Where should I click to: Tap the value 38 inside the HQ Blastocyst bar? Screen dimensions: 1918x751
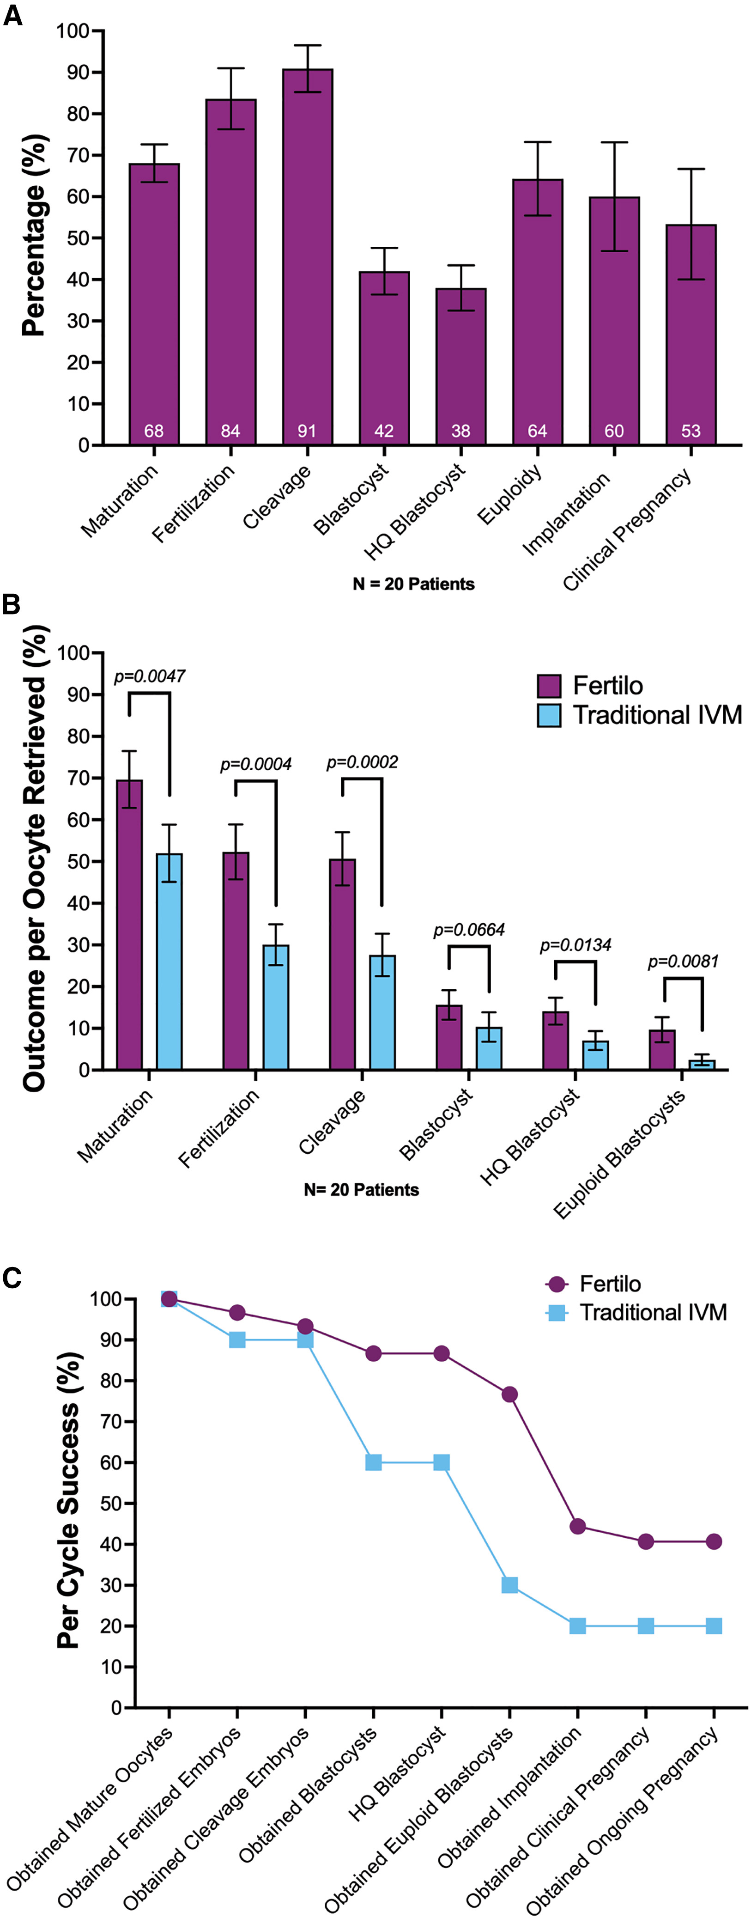pyautogui.click(x=461, y=431)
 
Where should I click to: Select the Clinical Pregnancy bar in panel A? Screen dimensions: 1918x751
pyautogui.click(x=690, y=335)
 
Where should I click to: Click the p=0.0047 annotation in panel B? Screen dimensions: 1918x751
pyautogui.click(x=149, y=676)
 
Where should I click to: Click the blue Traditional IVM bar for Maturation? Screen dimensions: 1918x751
pyautogui.click(x=169, y=961)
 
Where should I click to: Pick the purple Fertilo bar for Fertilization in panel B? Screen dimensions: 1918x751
pyautogui.click(x=236, y=961)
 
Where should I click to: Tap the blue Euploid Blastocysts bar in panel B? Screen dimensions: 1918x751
pyautogui.click(x=702, y=1065)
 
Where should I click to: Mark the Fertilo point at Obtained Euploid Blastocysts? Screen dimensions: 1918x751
pyautogui.click(x=510, y=1394)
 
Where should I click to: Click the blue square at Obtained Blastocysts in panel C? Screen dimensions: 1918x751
pyautogui.click(x=374, y=1462)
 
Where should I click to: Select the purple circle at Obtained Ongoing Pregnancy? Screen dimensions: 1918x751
pyautogui.click(x=714, y=1542)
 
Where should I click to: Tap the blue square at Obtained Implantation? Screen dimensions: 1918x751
pyautogui.click(x=578, y=1626)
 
